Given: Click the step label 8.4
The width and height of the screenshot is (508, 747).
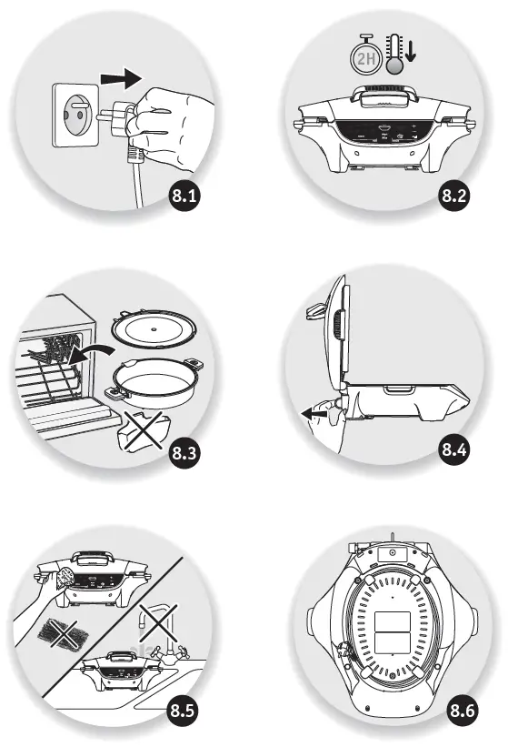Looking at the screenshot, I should click(453, 449).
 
